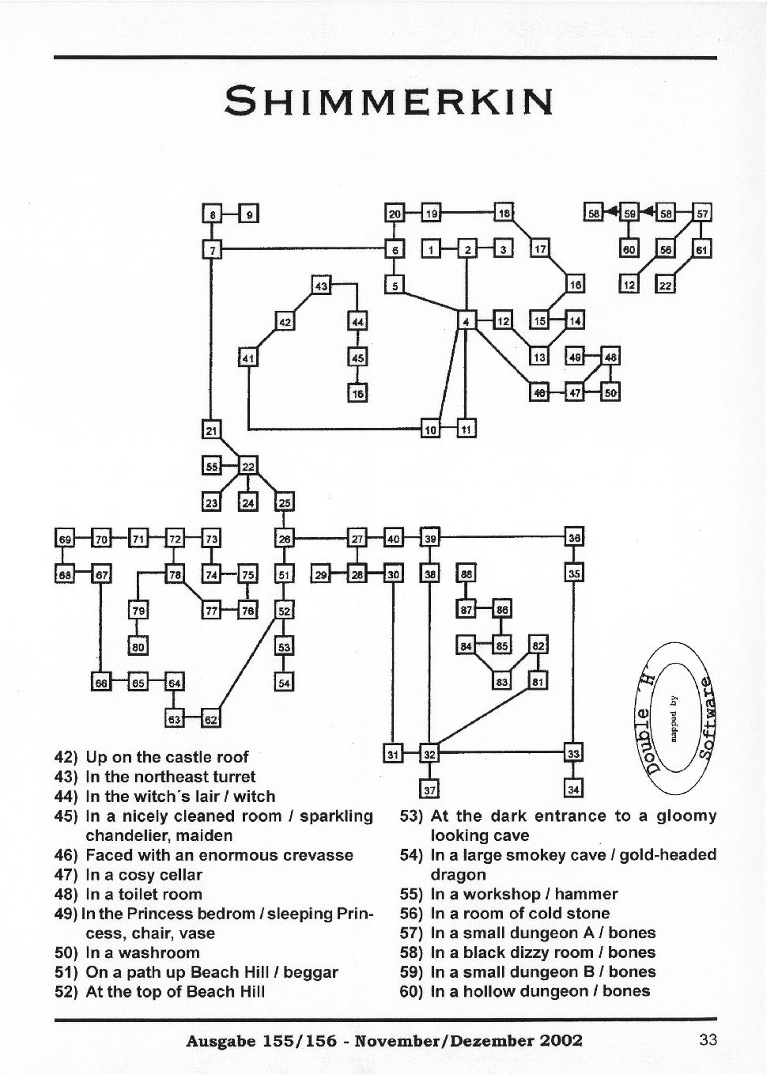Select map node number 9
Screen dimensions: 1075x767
click(x=248, y=214)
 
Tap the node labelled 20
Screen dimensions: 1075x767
click(x=395, y=214)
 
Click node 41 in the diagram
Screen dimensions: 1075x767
click(x=248, y=358)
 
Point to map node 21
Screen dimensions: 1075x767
click(x=211, y=430)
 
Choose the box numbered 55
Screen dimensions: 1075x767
click(x=211, y=467)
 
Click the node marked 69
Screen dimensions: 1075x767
click(x=65, y=539)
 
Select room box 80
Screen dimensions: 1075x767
click(x=138, y=646)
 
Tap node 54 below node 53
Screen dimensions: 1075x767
click(x=284, y=682)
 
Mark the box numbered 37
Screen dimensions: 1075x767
click(x=429, y=789)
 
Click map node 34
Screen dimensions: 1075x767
click(x=574, y=789)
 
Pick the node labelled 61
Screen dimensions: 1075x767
click(x=702, y=249)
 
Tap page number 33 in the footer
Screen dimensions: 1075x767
click(x=708, y=1039)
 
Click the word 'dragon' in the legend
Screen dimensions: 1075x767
click(x=458, y=874)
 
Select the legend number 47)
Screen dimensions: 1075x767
click(x=67, y=875)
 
